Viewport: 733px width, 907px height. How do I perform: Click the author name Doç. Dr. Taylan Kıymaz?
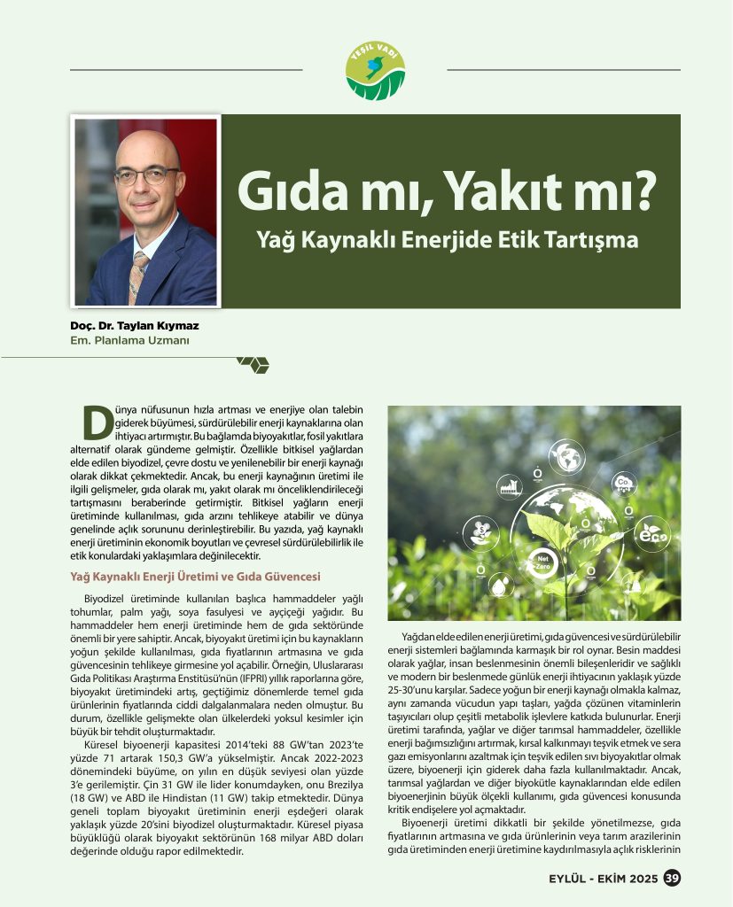point(134,325)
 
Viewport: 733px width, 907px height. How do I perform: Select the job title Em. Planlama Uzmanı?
point(129,339)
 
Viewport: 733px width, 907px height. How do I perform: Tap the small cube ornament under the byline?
point(253,363)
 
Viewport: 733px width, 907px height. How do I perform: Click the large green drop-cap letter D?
point(96,422)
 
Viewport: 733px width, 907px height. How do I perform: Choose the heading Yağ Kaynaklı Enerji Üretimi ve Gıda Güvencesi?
point(195,577)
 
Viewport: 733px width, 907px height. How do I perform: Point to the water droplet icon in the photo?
point(502,585)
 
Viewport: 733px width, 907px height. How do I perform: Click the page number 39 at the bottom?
point(672,879)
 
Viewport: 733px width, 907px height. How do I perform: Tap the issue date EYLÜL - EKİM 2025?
point(602,879)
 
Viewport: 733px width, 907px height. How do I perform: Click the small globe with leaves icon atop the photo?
point(565,457)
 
